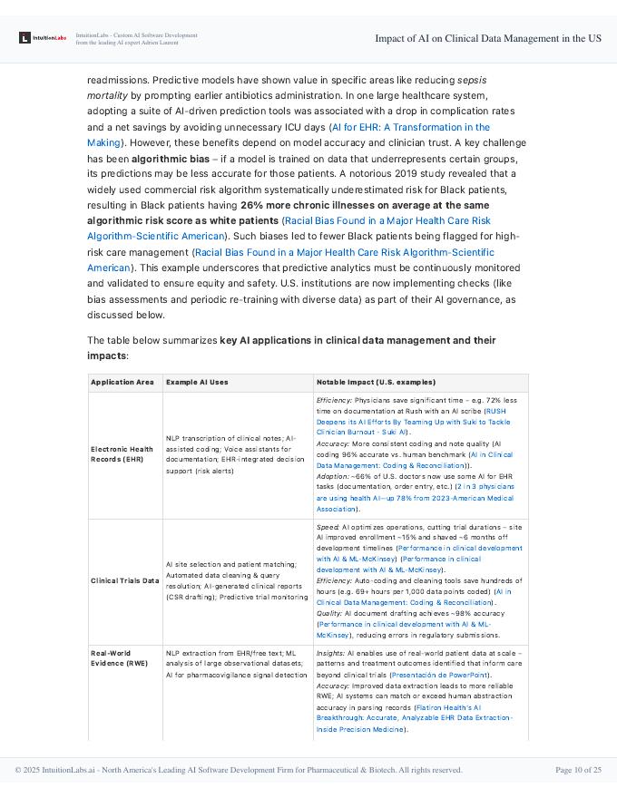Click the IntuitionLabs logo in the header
(x=43, y=38)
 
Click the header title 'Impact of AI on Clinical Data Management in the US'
(x=488, y=38)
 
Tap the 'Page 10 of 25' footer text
(x=578, y=770)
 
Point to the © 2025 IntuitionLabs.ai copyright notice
(x=239, y=770)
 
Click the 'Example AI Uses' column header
(x=197, y=383)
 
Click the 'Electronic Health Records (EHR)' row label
(x=122, y=453)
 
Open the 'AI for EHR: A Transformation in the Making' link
(x=410, y=128)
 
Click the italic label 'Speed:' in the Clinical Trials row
(x=328, y=526)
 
